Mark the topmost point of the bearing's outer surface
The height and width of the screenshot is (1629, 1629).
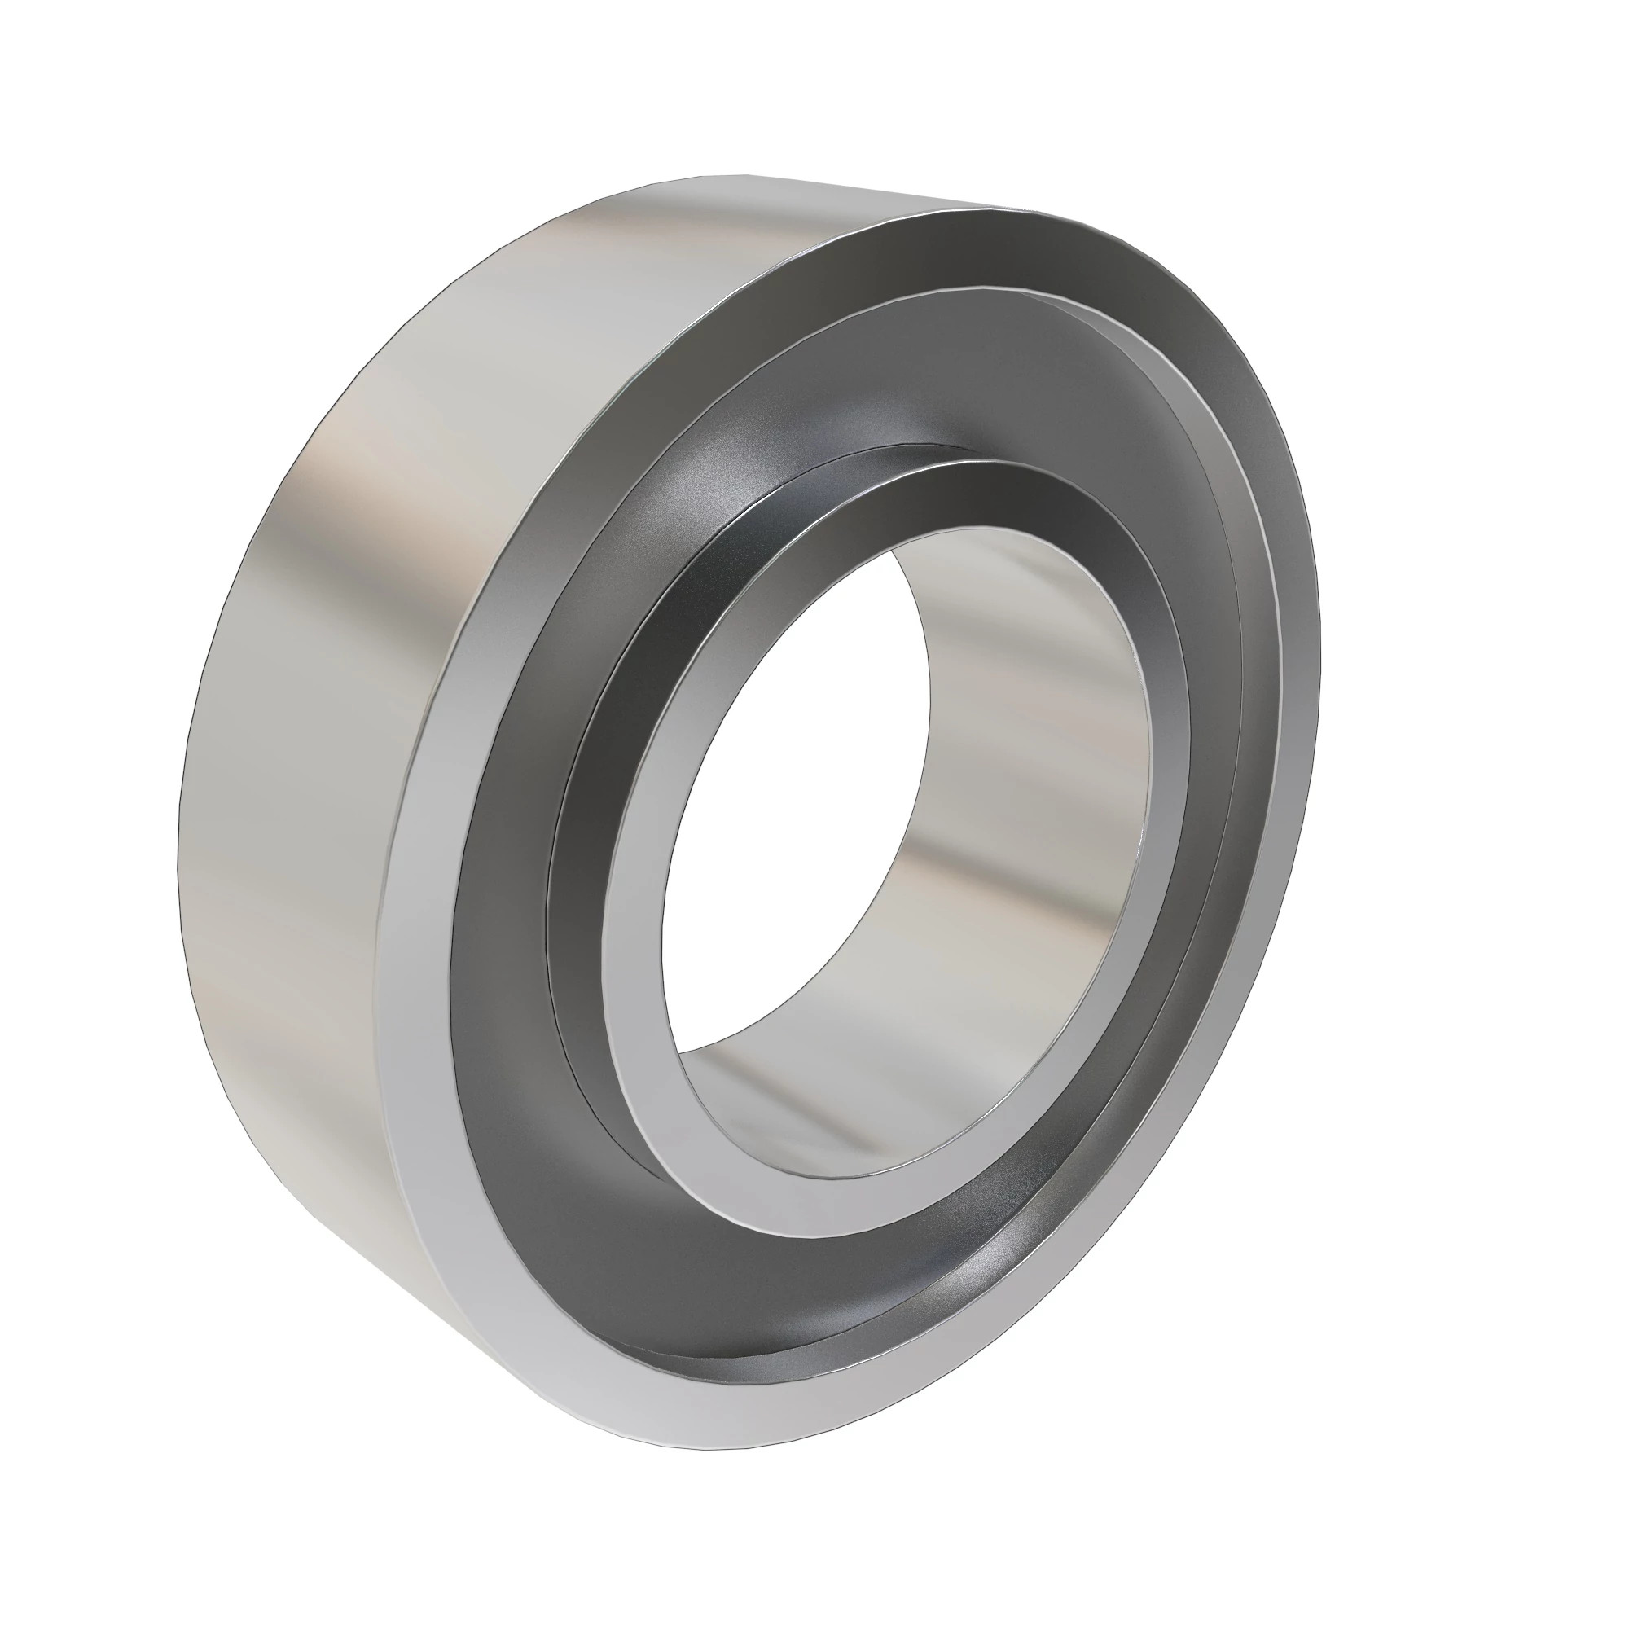point(725,175)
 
